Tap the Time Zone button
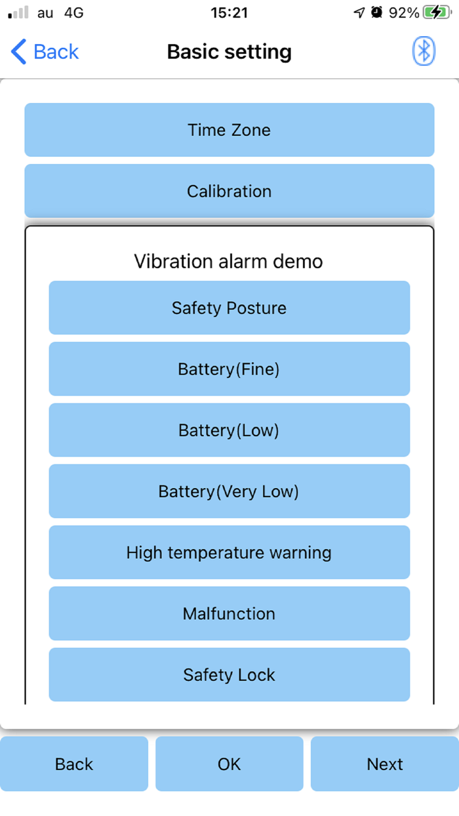point(229,130)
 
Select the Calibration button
point(229,191)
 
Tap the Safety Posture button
point(229,308)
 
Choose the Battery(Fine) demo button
point(229,369)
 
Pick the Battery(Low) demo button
point(229,430)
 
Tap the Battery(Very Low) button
point(229,491)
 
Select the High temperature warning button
point(229,552)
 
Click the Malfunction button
point(229,614)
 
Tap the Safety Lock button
point(229,675)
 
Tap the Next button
point(385,764)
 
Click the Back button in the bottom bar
point(74,764)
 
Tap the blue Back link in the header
point(45,51)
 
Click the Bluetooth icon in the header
point(424,51)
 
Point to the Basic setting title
point(229,52)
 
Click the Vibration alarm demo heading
point(228,261)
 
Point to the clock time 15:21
point(229,12)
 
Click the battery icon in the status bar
point(437,12)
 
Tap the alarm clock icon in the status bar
point(376,12)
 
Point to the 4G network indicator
point(74,12)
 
